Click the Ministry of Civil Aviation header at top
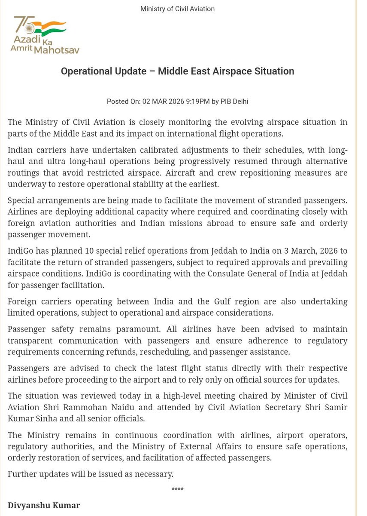click(x=177, y=9)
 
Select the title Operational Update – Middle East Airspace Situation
click(x=177, y=71)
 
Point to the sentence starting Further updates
click(x=91, y=474)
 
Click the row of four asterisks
click(x=177, y=490)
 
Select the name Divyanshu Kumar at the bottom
click(x=44, y=505)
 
